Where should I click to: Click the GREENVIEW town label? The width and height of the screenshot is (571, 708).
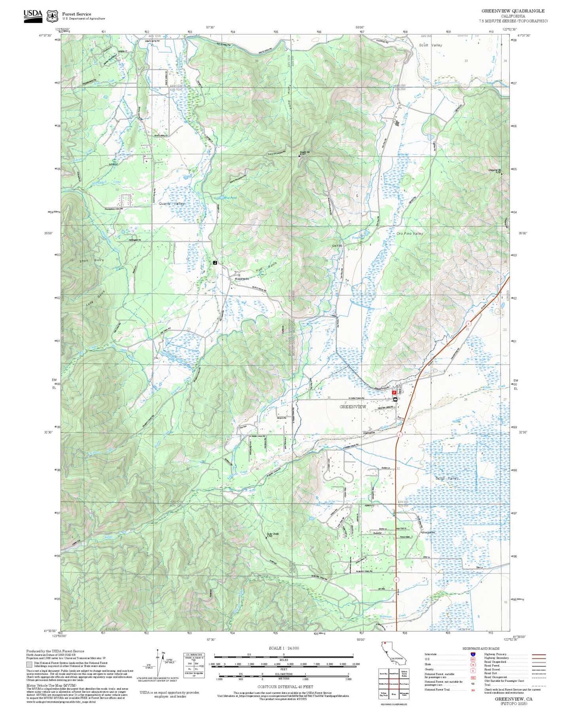click(353, 406)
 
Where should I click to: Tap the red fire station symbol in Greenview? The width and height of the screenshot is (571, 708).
click(394, 393)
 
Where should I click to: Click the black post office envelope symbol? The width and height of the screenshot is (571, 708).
click(395, 400)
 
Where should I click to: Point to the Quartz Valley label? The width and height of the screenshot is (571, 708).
click(172, 204)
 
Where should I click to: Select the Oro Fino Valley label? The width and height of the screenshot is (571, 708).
click(410, 234)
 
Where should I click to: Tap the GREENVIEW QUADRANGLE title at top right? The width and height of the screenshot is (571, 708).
click(513, 11)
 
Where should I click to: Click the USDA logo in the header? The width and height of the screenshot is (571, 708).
click(33, 16)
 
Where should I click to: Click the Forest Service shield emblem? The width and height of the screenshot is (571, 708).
click(52, 16)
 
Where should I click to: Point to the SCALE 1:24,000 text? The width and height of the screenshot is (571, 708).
click(283, 648)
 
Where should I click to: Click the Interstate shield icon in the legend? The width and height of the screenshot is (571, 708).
click(473, 654)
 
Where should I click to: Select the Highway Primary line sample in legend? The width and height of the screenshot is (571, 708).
click(539, 654)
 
